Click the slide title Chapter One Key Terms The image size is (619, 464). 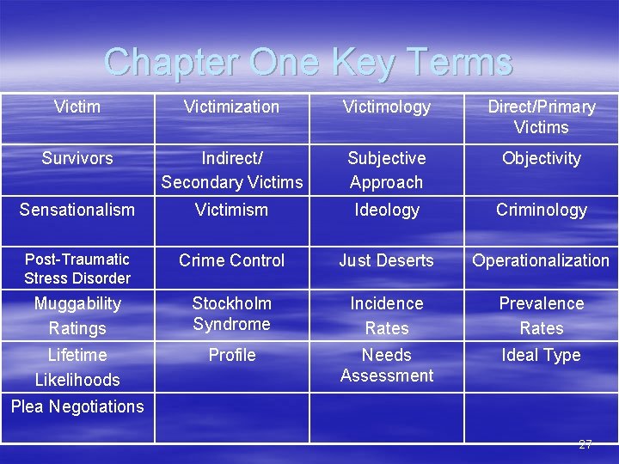[308, 63]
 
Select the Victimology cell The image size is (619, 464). [386, 107]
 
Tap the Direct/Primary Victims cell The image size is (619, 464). [541, 117]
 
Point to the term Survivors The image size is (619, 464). [77, 159]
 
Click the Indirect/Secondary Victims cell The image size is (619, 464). [232, 170]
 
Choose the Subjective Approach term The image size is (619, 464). [386, 170]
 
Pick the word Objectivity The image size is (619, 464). [541, 159]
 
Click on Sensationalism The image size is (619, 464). [77, 210]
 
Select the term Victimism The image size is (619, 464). [231, 210]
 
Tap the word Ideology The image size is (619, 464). [386, 210]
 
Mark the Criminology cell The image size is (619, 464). [541, 210]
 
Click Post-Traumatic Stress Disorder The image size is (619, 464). [77, 268]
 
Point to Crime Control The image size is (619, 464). [231, 260]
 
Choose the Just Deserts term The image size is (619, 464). [386, 260]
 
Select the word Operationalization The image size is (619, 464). [541, 260]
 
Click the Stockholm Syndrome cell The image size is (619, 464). [231, 314]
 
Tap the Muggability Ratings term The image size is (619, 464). [77, 315]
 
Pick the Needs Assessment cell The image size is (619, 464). [386, 365]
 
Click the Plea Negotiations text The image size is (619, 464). [77, 406]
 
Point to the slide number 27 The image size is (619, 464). [585, 444]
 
